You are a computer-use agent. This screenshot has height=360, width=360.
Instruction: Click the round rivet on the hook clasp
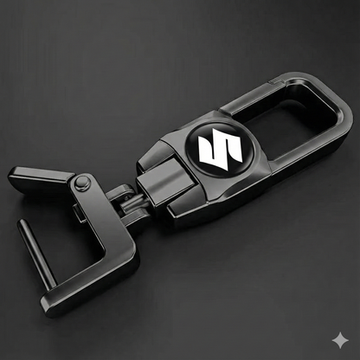(83, 183)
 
